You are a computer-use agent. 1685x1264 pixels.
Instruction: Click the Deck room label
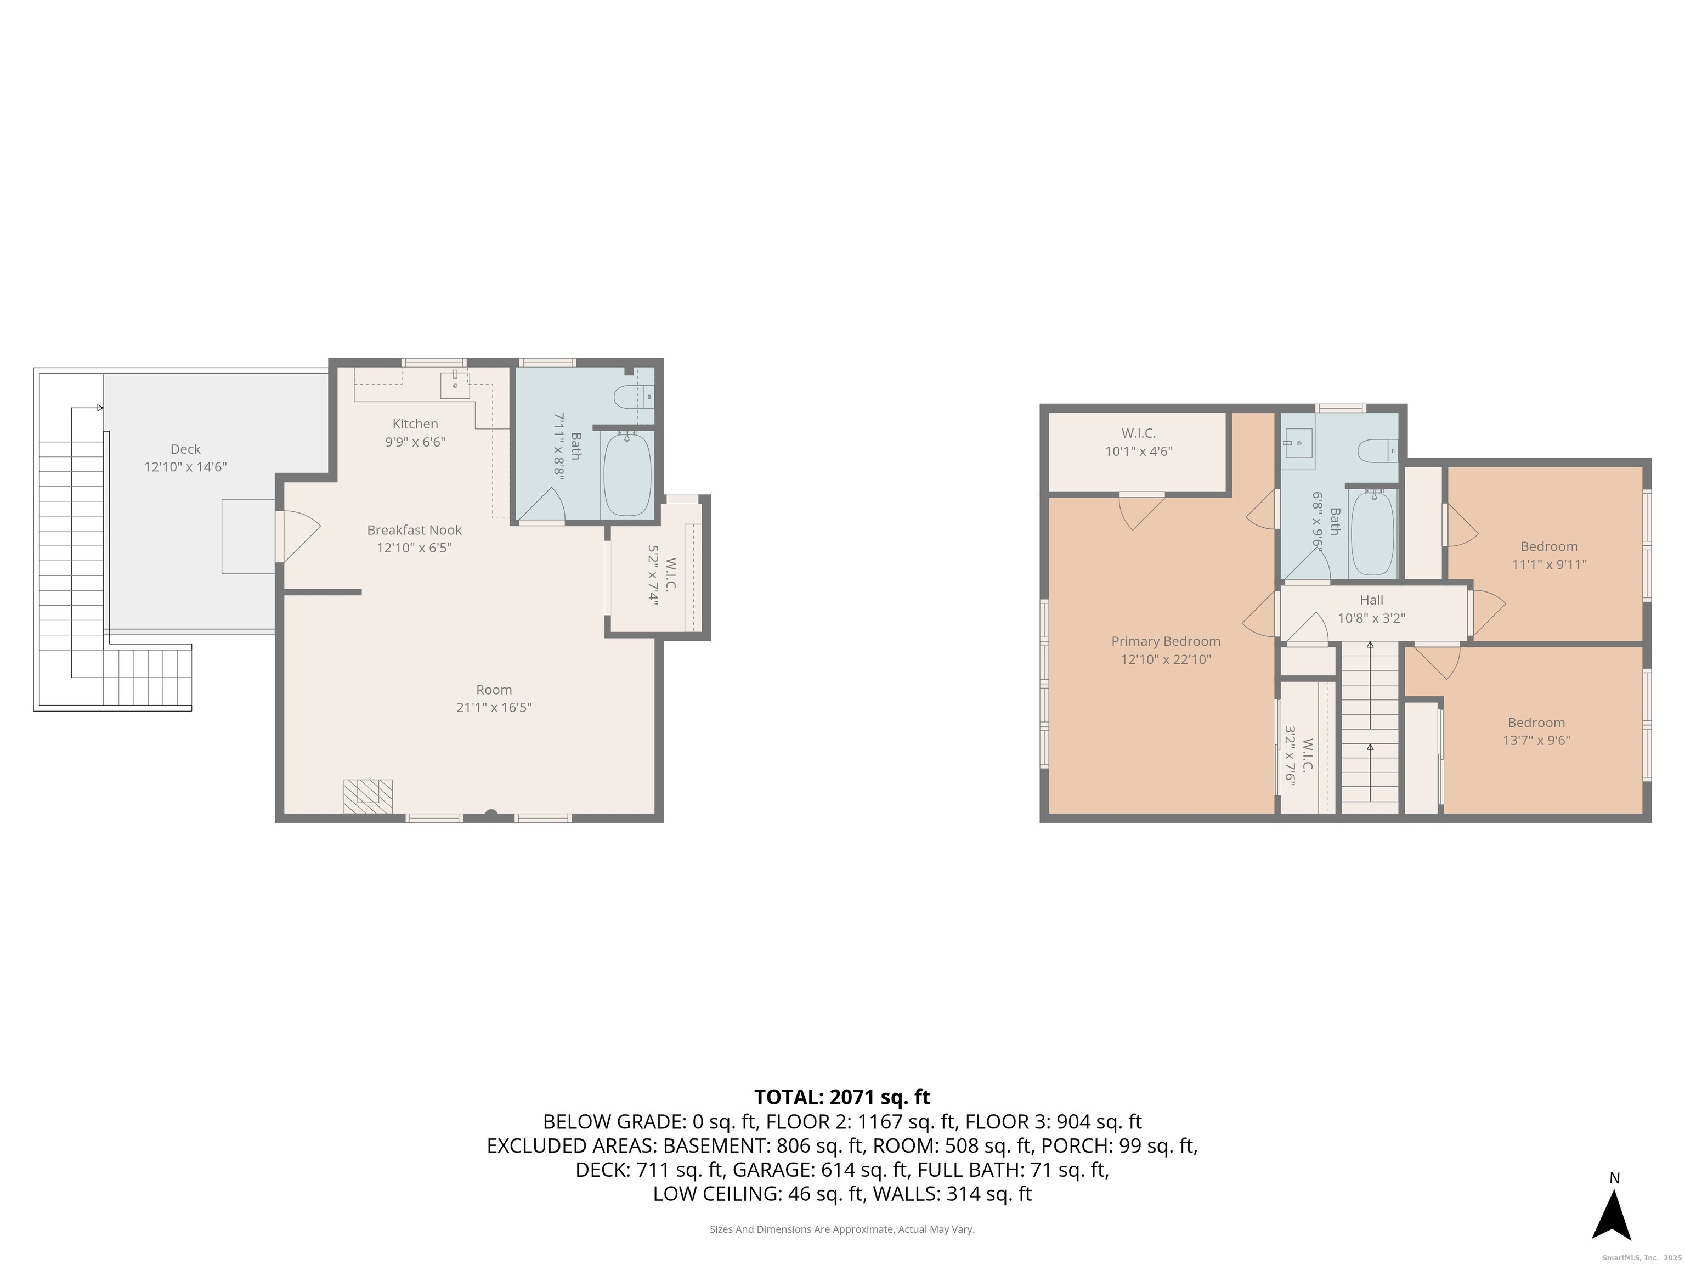(x=185, y=449)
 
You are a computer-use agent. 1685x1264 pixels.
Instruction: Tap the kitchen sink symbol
(x=455, y=385)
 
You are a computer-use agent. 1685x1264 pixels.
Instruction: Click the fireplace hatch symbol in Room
(x=368, y=795)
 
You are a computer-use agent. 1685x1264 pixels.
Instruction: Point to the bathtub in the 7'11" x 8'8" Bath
(x=627, y=474)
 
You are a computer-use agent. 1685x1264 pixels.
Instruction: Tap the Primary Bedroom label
(x=1166, y=641)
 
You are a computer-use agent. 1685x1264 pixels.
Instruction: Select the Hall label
(x=1371, y=600)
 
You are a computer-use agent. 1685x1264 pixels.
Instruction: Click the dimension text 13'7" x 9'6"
(x=1536, y=740)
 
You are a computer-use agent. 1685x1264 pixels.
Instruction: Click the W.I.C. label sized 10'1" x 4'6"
(x=1138, y=433)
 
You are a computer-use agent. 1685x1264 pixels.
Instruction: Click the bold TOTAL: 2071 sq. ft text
(x=842, y=1097)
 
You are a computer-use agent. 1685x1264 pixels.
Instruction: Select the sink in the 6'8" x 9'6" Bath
(x=1299, y=443)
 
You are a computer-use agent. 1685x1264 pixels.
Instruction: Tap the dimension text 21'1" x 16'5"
(x=494, y=708)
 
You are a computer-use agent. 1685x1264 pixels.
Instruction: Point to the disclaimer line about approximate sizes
(x=842, y=1229)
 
